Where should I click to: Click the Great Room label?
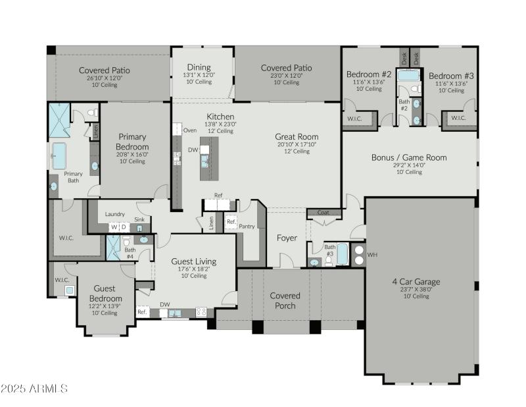coord(297,137)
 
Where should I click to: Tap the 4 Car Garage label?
coord(416,282)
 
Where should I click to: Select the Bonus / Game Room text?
coord(409,157)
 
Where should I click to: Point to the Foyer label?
coord(286,238)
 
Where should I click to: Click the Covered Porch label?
coord(285,300)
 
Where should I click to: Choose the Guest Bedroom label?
coord(105,293)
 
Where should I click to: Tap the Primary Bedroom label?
coord(132,142)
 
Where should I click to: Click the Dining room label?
coord(199,67)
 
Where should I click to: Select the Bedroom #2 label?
coord(369,74)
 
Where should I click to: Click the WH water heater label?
coord(371,255)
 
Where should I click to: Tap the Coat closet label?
coord(323,213)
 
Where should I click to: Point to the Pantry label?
coord(247,226)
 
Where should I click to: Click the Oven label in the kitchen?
coord(190,130)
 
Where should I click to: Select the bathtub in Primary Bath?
coord(59,156)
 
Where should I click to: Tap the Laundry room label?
coord(114,214)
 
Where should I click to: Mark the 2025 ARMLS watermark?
coord(34,389)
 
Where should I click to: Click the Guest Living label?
coord(193,261)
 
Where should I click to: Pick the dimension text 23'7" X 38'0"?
coord(416,289)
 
